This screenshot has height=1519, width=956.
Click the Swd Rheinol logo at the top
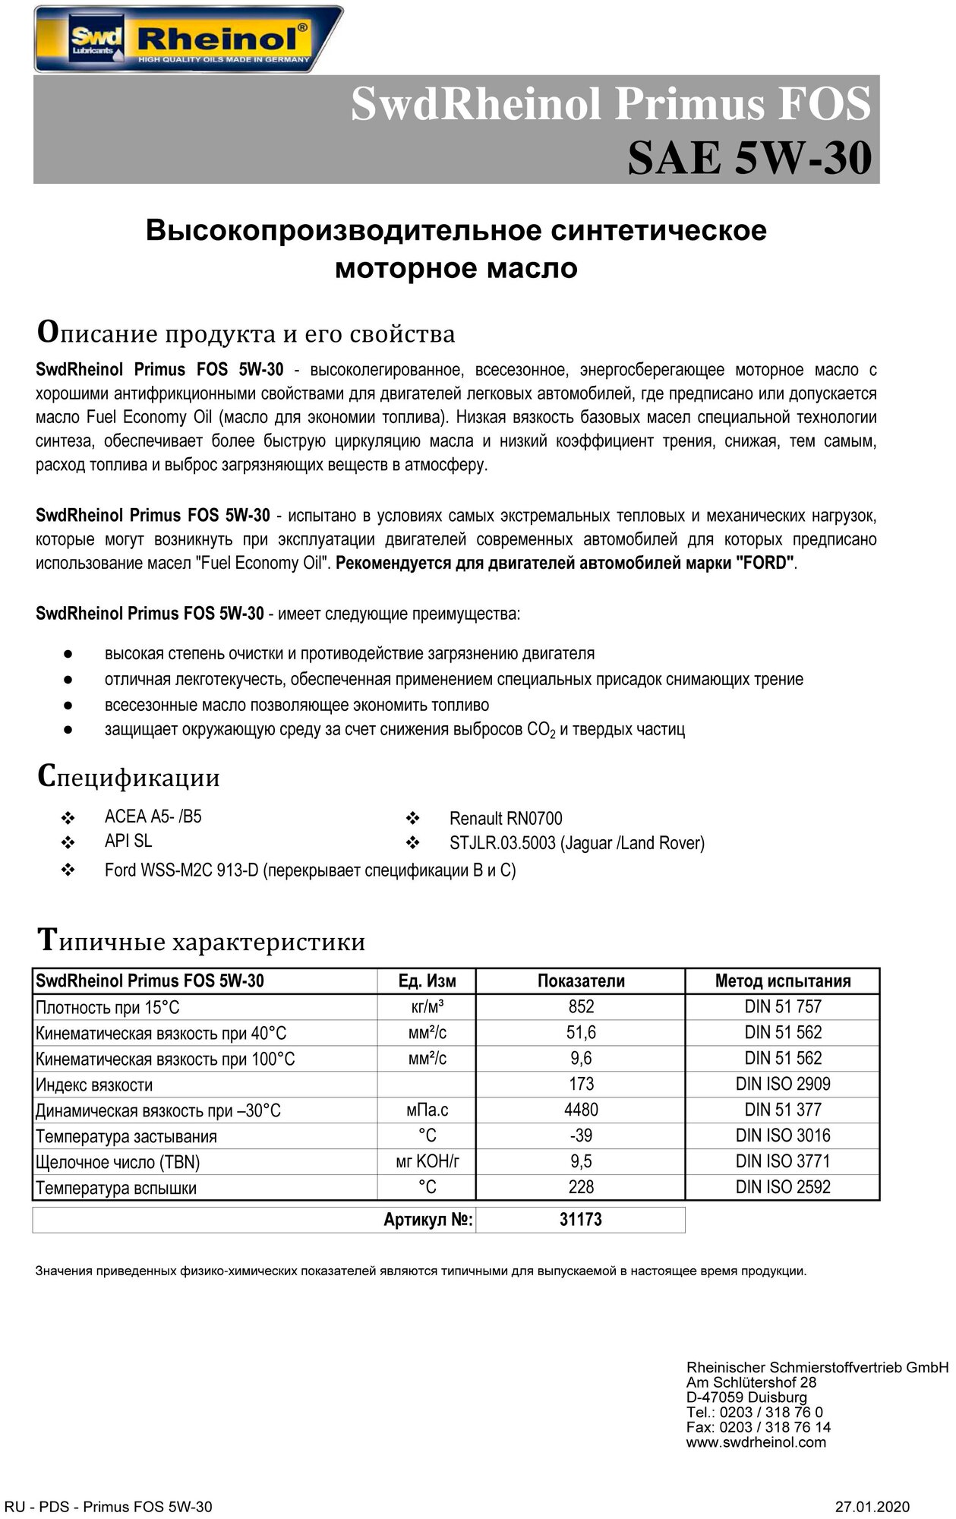[x=188, y=39]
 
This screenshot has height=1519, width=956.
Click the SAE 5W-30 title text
[x=749, y=158]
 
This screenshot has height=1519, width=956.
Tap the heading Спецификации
[x=128, y=776]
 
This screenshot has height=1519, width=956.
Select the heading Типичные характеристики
[x=201, y=941]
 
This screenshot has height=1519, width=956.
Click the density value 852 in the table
[x=581, y=1006]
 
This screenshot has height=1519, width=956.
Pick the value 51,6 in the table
[x=581, y=1032]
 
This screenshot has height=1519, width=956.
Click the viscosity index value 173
[x=581, y=1084]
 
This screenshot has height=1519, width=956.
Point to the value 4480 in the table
[x=581, y=1110]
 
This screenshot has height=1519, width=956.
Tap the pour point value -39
[x=581, y=1135]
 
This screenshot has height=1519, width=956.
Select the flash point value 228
[x=581, y=1187]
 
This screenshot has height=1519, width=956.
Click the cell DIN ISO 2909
[x=783, y=1084]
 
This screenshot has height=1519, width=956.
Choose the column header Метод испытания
[x=783, y=981]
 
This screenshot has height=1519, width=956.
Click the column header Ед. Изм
[x=427, y=981]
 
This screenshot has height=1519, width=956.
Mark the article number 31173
[x=581, y=1220]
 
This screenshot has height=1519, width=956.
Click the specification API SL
[x=128, y=841]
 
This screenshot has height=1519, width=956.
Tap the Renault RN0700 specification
[x=506, y=819]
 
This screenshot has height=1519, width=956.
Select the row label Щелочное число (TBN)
[x=118, y=1162]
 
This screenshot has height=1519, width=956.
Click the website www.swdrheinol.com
[x=756, y=1442]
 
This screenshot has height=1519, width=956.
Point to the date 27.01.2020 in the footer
[x=872, y=1507]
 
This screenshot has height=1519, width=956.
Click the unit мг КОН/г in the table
[x=427, y=1161]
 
